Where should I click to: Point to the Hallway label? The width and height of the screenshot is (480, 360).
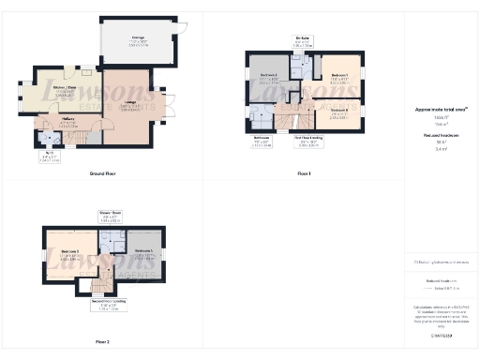tap(68, 120)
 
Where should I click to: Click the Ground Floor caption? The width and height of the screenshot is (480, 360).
tap(103, 174)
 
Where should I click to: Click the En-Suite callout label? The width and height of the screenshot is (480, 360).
tap(302, 40)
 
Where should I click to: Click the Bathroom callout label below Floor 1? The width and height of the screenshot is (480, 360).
tap(262, 142)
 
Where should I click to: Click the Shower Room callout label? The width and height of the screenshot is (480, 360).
tap(112, 215)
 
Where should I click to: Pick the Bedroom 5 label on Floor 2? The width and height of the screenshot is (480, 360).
tap(143, 252)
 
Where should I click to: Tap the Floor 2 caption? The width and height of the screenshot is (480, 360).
tap(101, 341)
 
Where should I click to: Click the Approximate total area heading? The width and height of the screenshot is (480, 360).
tap(441, 110)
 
